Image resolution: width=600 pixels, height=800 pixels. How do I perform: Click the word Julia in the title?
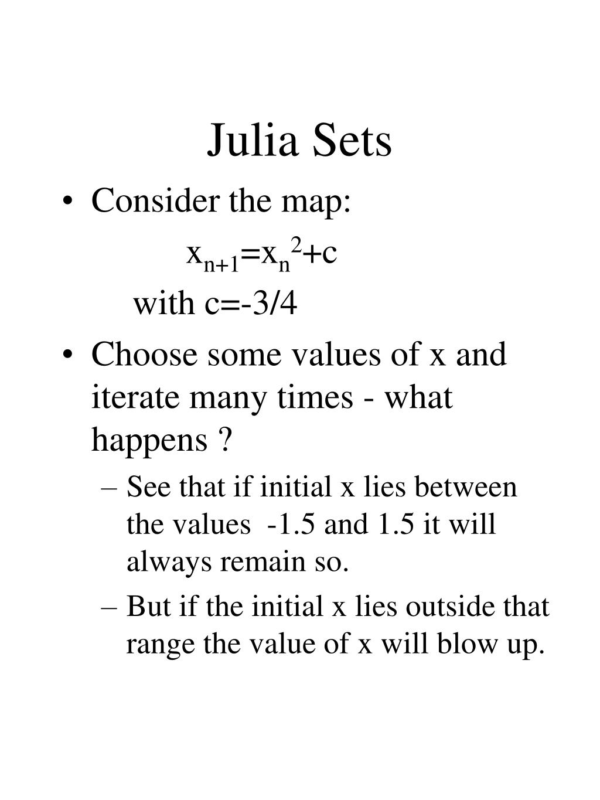(253, 140)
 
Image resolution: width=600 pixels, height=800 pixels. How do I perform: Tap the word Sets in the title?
(352, 140)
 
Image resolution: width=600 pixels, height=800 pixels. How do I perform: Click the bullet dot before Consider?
(67, 202)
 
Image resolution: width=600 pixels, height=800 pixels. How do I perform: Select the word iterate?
(135, 397)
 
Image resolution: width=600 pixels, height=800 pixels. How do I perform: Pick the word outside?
(449, 606)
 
